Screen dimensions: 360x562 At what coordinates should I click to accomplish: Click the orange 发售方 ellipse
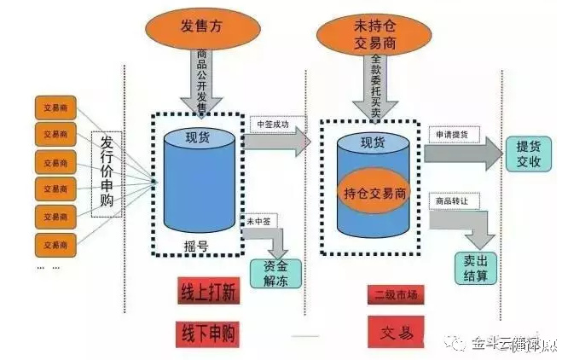click(200, 26)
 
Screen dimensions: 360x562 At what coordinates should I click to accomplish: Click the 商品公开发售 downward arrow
click(201, 81)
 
